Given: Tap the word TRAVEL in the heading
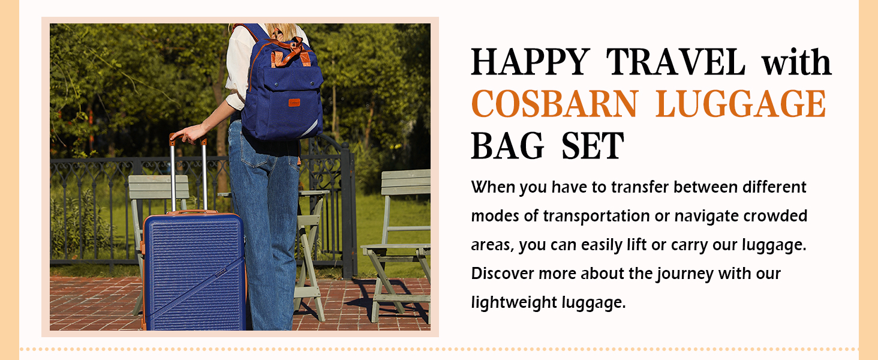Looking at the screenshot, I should (x=675, y=62).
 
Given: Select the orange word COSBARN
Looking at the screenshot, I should (x=554, y=104).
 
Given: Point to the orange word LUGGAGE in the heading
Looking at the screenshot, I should (x=741, y=104).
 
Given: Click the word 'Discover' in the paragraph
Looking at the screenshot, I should (x=503, y=274).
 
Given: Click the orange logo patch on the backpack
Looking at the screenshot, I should (x=294, y=101).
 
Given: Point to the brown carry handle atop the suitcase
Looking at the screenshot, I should (x=192, y=212).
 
